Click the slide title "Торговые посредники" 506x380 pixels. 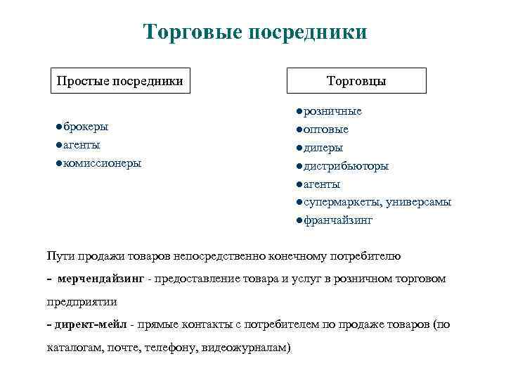[254, 32]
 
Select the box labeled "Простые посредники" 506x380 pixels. [119, 81]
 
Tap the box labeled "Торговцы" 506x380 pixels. [356, 81]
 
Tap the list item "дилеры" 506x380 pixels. [323, 148]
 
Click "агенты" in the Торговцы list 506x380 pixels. [322, 184]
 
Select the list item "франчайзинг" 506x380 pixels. [337, 221]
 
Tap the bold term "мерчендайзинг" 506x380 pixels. [101, 279]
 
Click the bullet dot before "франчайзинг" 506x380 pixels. [299, 221]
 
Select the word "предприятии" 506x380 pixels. [82, 301]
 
